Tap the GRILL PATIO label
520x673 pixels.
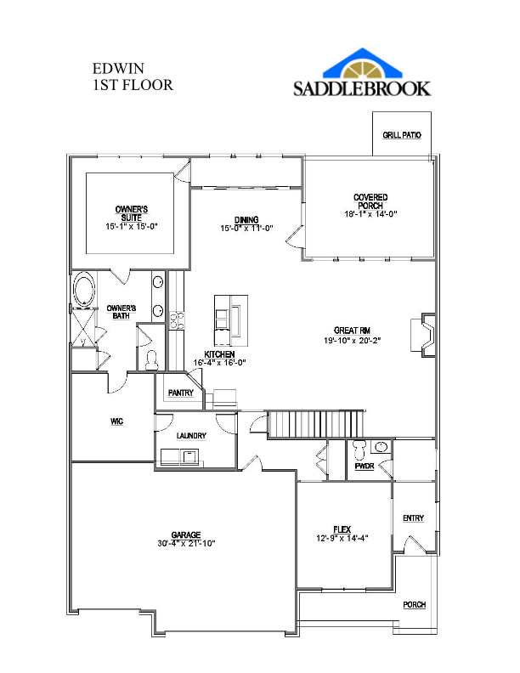click(x=402, y=135)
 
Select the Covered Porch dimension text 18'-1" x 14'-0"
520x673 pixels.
click(x=370, y=214)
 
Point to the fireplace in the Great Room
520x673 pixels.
click(x=423, y=335)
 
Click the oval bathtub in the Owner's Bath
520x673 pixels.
click(x=83, y=290)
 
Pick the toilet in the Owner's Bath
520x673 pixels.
click(x=151, y=360)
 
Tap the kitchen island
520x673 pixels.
click(x=231, y=320)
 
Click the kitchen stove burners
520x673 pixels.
click(x=178, y=320)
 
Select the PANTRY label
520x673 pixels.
click(x=181, y=393)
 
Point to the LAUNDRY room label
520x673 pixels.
click(x=191, y=436)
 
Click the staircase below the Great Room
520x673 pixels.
click(x=316, y=424)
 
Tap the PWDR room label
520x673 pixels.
click(x=365, y=467)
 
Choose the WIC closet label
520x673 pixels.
click(x=116, y=421)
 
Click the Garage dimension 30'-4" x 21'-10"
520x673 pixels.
click(x=186, y=543)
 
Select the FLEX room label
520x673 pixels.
click(x=342, y=529)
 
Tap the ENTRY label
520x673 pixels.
click(x=414, y=518)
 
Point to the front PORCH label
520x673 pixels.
click(x=415, y=605)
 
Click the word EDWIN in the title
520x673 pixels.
click(x=118, y=69)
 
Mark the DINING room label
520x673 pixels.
click(x=246, y=220)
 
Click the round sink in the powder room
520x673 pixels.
click(x=381, y=447)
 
